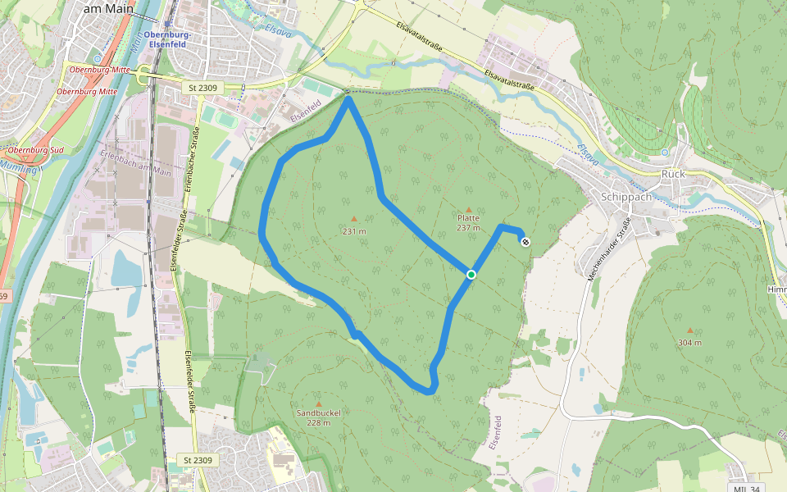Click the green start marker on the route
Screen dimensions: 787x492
tap(471, 274)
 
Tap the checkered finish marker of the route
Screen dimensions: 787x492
tap(525, 241)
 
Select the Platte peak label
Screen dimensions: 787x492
tap(468, 217)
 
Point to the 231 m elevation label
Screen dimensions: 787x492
tap(354, 231)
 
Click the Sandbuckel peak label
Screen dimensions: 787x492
tap(318, 412)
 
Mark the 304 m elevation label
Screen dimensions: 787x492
tap(689, 342)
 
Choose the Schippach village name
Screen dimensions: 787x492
tap(626, 197)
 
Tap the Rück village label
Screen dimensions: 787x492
tap(673, 174)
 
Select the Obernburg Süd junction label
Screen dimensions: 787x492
tap(35, 151)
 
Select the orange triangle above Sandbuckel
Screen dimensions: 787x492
tap(318, 403)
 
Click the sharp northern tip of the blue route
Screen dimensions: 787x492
tap(348, 98)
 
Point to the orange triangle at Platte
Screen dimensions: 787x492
tap(468, 209)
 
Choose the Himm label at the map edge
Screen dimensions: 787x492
tap(776, 290)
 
